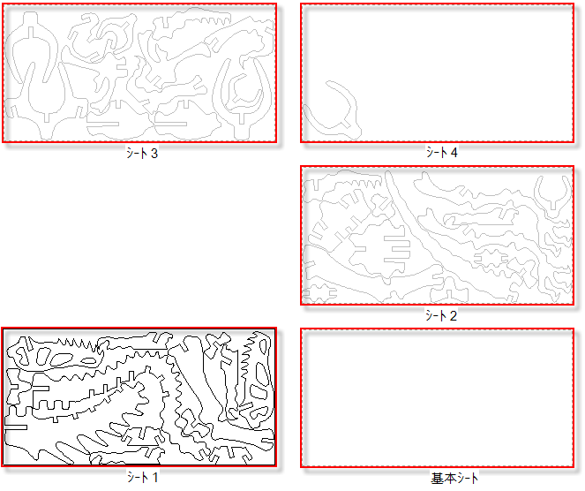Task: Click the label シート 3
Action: tap(142, 153)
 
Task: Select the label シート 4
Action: tap(442, 152)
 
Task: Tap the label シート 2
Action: tap(441, 316)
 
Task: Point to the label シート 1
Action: tap(142, 477)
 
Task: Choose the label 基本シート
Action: tap(454, 479)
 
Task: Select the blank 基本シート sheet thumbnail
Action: tap(438, 398)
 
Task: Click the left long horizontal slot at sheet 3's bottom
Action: tap(102, 124)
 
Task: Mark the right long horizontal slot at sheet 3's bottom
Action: tap(170, 124)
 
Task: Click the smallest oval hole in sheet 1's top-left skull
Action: tap(88, 361)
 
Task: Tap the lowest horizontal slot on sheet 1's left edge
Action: tap(16, 427)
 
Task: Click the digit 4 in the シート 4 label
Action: tap(454, 153)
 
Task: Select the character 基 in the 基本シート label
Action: tap(436, 479)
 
